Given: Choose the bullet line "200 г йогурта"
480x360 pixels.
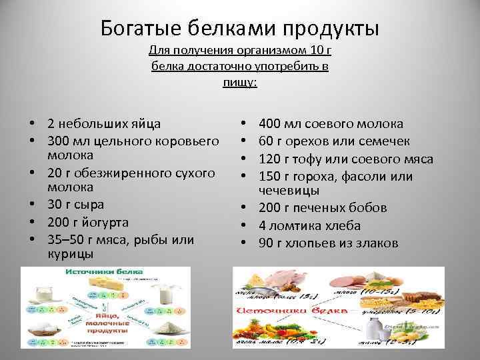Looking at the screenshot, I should click(88, 222).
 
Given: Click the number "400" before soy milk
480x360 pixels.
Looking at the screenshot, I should click(271, 123).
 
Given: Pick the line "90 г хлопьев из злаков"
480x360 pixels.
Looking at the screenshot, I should click(328, 243).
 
